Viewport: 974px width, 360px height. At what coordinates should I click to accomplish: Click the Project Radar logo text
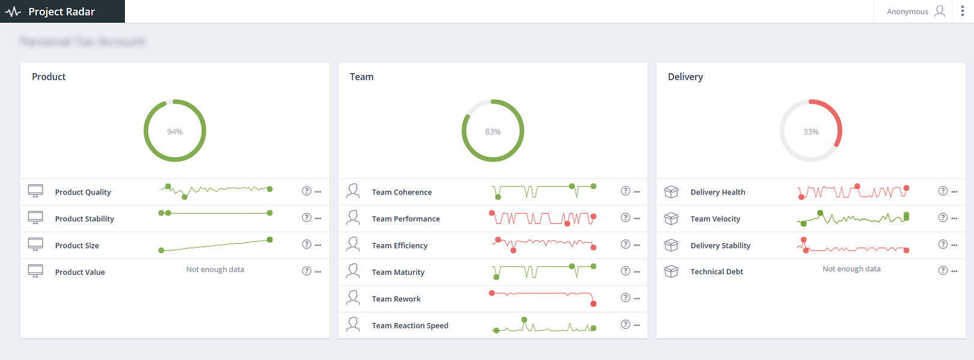coord(61,12)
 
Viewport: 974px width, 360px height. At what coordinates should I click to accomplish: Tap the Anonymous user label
coord(907,12)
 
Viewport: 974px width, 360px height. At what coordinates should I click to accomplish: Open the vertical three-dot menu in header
coord(963,11)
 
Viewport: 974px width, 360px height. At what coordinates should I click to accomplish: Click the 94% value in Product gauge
coord(175,132)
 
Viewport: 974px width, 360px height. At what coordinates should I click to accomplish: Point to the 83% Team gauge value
coord(493,132)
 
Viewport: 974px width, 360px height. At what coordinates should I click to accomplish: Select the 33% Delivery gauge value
coord(811,132)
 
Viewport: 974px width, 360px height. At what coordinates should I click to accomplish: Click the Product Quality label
coord(83,193)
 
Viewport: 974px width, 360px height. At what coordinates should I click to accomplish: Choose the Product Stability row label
coord(85,219)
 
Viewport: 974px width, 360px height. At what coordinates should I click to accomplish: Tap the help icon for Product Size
coord(307,244)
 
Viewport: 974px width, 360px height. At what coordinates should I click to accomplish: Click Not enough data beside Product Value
coord(215,270)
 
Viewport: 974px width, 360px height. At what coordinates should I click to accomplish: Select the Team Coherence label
coord(401,193)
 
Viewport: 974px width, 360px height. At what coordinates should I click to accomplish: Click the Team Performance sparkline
coord(543,218)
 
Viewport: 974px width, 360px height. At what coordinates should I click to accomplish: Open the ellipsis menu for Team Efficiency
coord(637,245)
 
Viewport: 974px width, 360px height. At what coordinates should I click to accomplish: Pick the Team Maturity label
coord(398,272)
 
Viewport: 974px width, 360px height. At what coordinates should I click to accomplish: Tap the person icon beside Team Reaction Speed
coord(353,325)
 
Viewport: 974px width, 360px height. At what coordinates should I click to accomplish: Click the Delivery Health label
coord(718,193)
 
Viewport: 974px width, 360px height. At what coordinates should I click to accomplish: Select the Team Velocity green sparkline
coord(853,218)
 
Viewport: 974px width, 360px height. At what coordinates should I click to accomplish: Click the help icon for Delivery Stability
coord(943,244)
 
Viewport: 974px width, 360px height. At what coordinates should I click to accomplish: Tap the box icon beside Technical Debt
coord(671,272)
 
